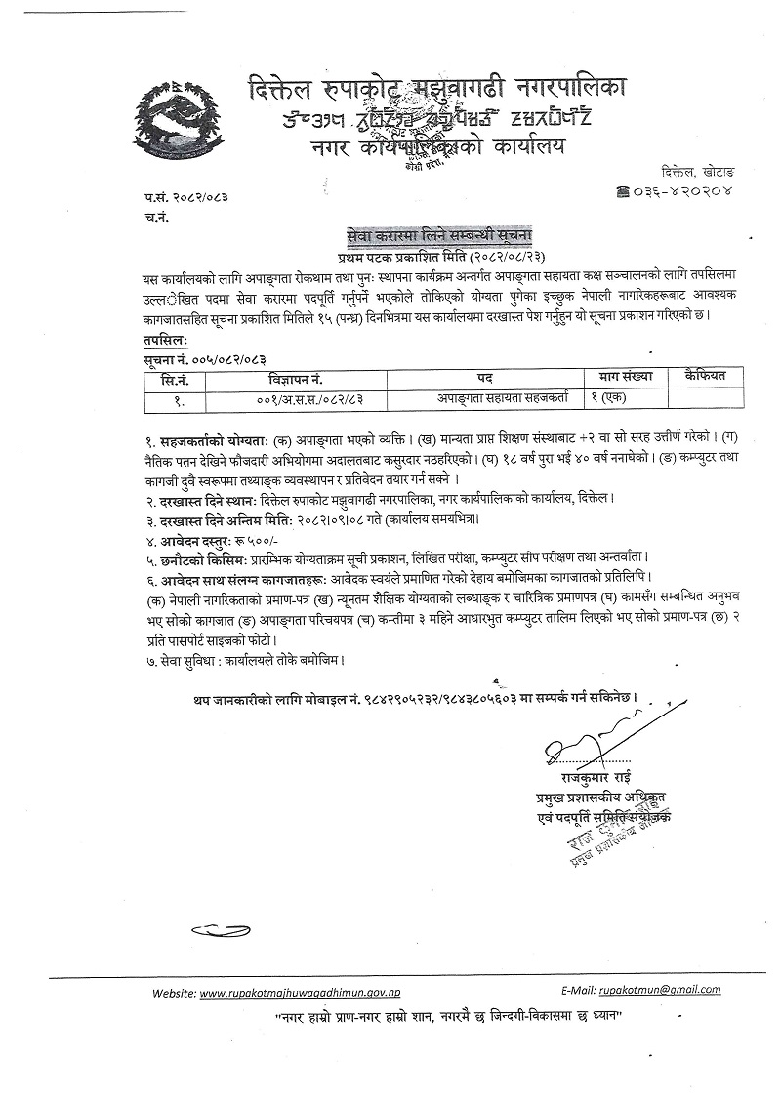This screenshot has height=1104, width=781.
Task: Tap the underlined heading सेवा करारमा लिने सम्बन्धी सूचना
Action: (438, 235)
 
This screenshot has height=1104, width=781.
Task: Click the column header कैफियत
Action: (707, 377)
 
